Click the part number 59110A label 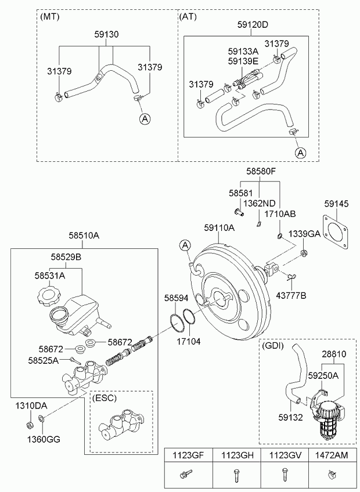[x=219, y=228]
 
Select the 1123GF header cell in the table [x=189, y=455]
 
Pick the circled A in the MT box [x=145, y=118]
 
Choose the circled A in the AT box [x=301, y=153]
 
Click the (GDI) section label [x=273, y=346]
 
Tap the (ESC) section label [x=105, y=398]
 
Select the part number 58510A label [x=84, y=236]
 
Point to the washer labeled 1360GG [x=41, y=418]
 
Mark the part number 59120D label [x=253, y=24]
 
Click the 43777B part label [x=291, y=295]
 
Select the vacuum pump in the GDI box [x=327, y=414]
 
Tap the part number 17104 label [x=189, y=341]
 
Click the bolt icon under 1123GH [x=236, y=476]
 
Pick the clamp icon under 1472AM [x=332, y=475]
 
